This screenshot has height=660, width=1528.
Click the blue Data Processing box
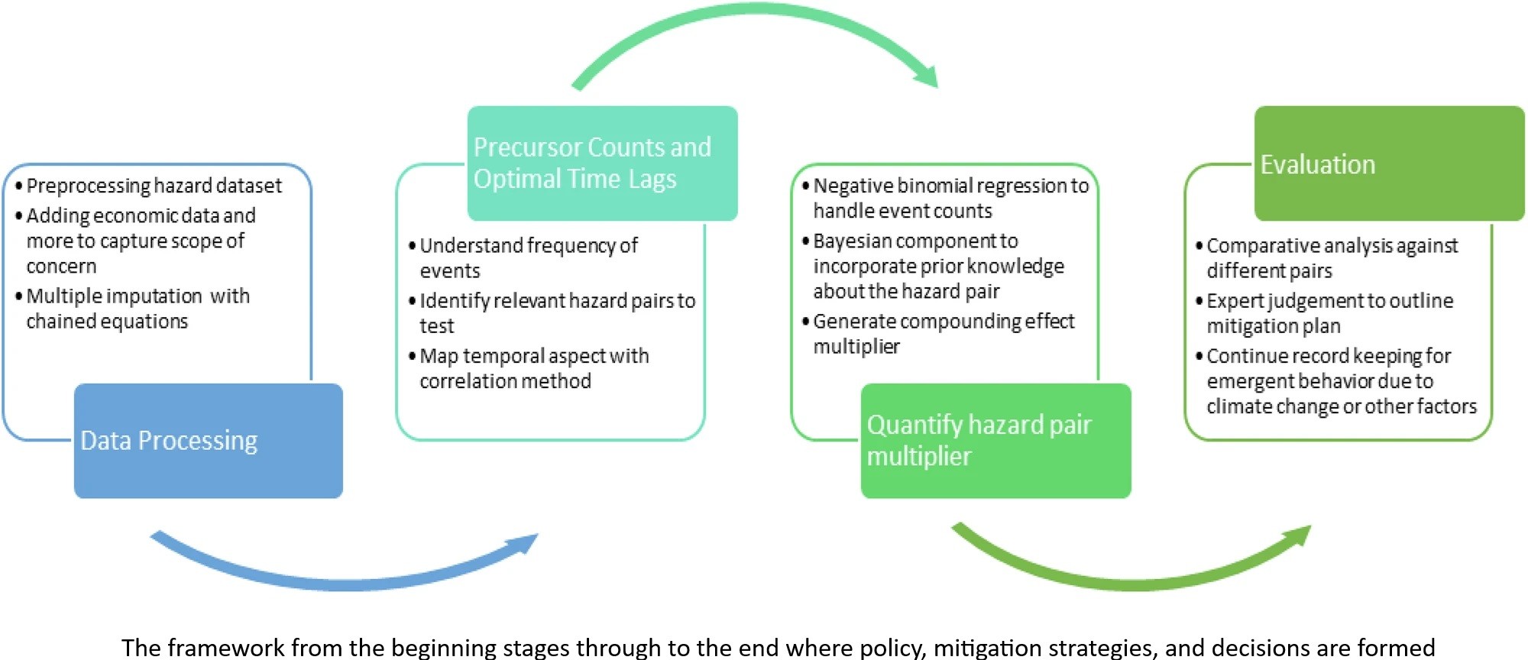(209, 441)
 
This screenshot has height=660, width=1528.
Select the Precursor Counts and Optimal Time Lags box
(603, 163)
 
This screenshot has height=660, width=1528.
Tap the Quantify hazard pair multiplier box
(996, 441)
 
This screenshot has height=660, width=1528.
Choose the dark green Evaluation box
(1390, 163)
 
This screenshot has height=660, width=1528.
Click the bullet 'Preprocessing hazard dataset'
(148, 186)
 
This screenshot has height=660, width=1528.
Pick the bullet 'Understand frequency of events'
(523, 258)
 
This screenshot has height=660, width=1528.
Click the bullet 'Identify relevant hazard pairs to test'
(552, 313)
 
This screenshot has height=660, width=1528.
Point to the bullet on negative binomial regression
(945, 198)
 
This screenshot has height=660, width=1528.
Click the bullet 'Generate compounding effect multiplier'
(938, 334)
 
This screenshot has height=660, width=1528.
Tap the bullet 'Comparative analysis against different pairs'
(1326, 258)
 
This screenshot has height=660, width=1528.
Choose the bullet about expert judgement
(1324, 313)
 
